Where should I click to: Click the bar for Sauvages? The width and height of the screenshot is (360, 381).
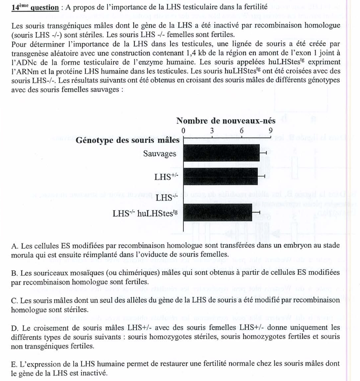click(x=221, y=153)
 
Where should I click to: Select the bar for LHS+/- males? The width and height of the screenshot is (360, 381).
click(x=220, y=176)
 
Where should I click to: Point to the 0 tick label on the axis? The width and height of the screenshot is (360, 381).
click(x=183, y=131)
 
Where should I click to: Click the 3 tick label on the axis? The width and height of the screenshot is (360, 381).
click(x=212, y=131)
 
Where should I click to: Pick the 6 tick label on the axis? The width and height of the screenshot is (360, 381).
click(x=241, y=131)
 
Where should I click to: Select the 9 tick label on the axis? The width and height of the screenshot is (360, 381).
click(x=271, y=131)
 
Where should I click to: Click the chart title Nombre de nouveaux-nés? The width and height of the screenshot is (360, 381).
click(x=226, y=121)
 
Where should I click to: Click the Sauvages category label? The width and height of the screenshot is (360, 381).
click(x=160, y=154)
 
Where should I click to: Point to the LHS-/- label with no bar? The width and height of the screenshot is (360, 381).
click(x=166, y=198)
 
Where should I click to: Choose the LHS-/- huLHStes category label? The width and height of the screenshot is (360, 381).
click(x=145, y=213)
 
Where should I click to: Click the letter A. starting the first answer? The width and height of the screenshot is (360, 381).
click(x=15, y=246)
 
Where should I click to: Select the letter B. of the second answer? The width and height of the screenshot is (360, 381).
click(x=15, y=273)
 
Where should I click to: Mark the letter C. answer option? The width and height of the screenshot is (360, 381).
click(x=15, y=300)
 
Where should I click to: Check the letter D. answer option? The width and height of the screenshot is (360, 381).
click(x=15, y=328)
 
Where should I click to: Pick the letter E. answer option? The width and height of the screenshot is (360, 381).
click(x=15, y=364)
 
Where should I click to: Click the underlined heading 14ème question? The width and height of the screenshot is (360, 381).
click(x=35, y=7)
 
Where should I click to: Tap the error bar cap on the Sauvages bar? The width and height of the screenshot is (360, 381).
click(x=266, y=153)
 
